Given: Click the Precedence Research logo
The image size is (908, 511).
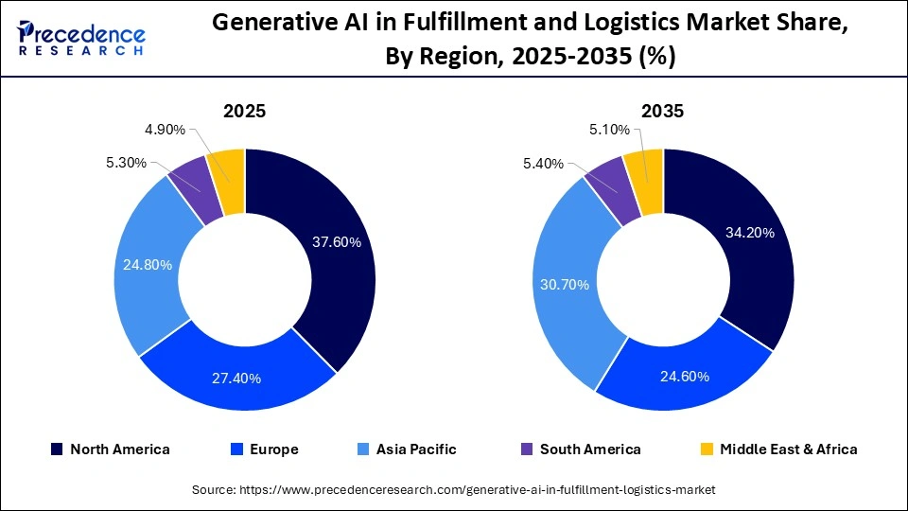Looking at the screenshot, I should [81, 37].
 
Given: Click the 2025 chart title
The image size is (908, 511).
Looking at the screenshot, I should [244, 111].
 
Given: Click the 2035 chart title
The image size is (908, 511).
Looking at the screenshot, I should [662, 111].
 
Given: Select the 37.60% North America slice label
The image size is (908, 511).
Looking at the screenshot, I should [336, 242].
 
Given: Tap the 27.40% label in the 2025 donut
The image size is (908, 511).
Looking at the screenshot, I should [236, 379].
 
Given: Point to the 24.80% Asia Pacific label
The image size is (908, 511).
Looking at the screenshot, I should [148, 265].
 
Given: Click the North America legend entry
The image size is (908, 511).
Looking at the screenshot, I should [110, 449].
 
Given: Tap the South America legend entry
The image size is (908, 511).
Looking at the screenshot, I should [580, 449].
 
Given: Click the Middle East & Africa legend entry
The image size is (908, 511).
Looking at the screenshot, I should [778, 449].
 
